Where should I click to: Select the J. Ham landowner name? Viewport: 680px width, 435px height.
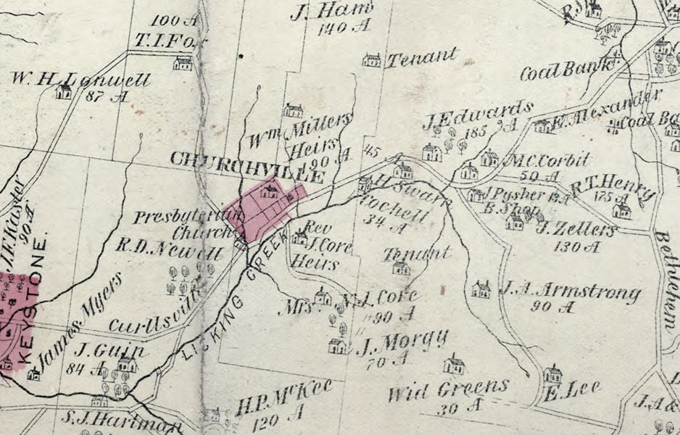point(332,12)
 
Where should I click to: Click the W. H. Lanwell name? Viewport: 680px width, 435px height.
point(80,79)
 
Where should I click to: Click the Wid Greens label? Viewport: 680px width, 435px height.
point(447,391)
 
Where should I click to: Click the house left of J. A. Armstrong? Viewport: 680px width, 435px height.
point(481,289)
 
